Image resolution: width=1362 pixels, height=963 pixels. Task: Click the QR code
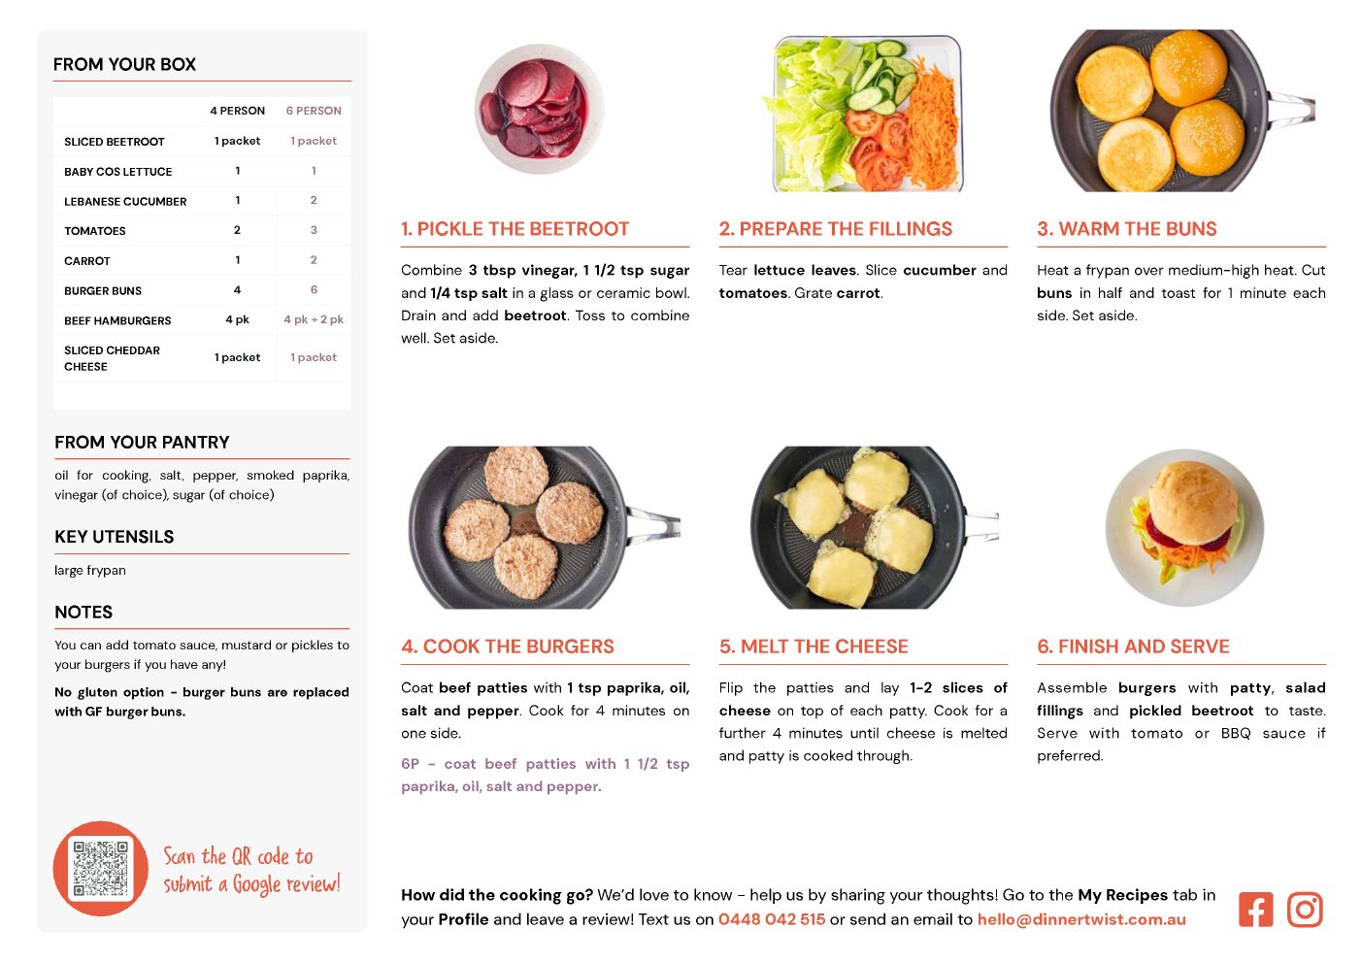point(100,868)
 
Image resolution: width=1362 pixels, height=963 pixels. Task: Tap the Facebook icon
point(1255,910)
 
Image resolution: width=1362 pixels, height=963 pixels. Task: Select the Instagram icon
point(1305,910)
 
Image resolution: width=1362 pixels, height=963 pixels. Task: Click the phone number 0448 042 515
point(772,919)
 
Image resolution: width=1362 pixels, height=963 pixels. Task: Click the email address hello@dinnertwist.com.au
point(1081,919)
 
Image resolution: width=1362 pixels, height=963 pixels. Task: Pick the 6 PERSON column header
point(314,111)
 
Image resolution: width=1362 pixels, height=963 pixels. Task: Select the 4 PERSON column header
point(237,111)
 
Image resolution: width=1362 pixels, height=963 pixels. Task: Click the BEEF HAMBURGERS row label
point(117,320)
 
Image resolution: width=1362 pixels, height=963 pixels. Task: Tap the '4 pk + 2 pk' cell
point(314,319)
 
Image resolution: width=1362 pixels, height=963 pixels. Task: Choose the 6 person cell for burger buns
point(314,289)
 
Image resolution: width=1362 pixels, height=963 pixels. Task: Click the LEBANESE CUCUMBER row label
point(125,201)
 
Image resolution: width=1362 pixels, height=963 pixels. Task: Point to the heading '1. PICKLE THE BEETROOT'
point(515,228)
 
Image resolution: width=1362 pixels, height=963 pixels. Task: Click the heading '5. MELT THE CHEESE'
point(814,647)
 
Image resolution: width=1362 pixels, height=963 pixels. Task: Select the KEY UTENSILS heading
point(115,536)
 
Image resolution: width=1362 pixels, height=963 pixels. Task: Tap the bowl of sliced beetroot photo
point(539,109)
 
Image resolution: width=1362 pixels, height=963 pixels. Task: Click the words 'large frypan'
point(90,570)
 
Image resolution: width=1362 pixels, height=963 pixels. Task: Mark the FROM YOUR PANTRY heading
point(142,442)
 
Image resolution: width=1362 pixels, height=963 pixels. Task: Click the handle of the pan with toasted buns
point(1290,110)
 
